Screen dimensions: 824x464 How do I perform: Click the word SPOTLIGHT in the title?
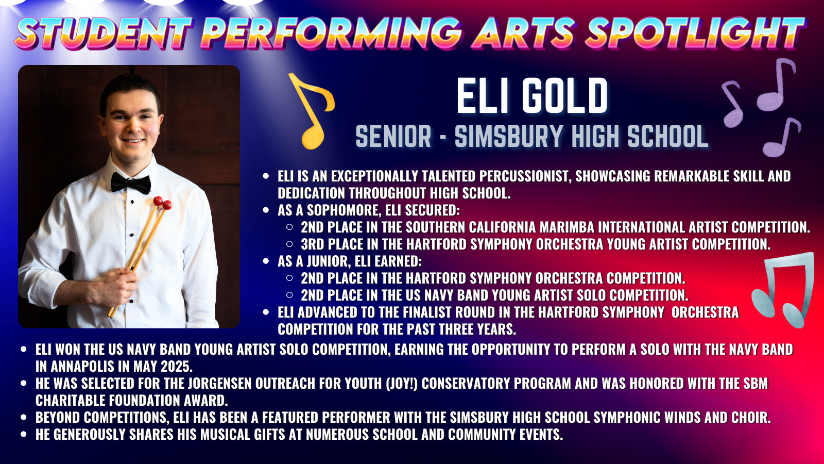695,32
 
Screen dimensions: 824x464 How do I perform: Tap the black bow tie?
131,183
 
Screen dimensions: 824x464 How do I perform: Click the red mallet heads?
162,203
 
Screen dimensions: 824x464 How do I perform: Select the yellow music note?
312,110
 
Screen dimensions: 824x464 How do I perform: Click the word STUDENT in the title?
104,32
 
